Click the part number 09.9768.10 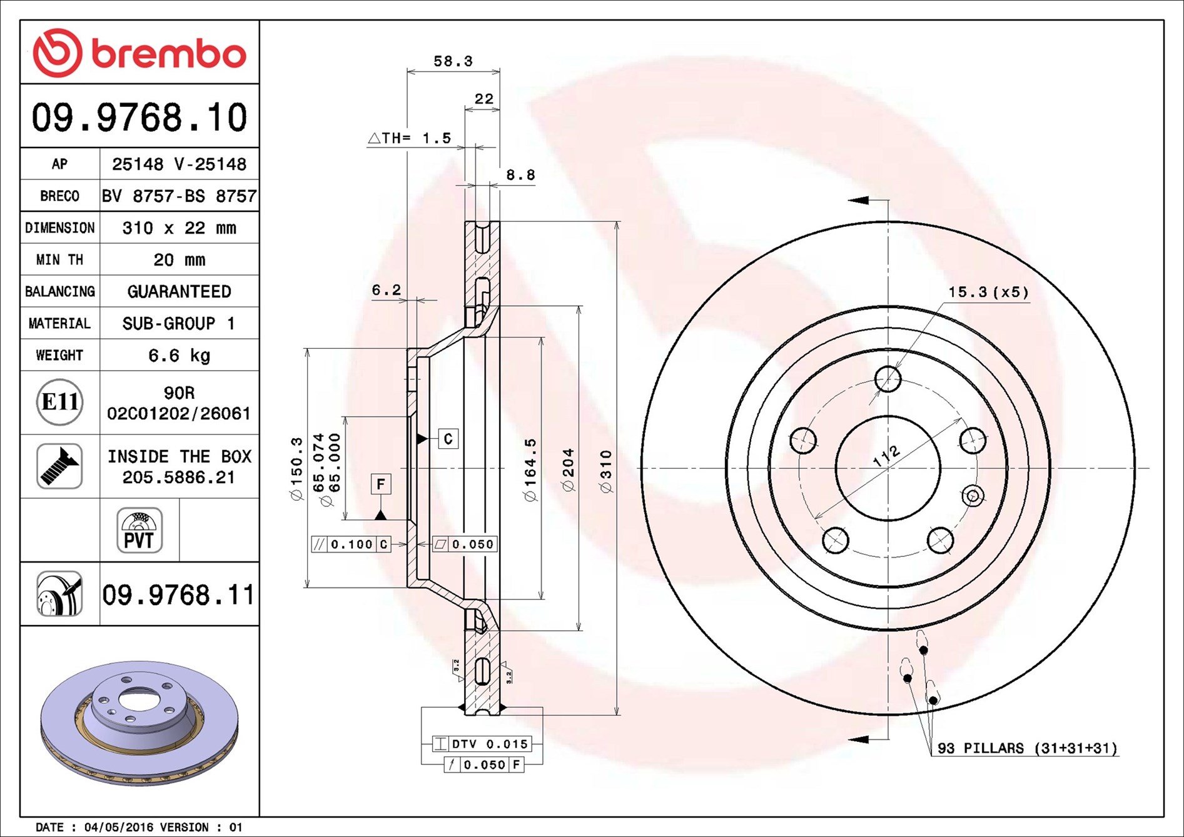139,118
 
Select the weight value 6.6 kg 179,356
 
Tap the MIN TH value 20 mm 179,259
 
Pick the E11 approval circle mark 59,402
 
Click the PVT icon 139,531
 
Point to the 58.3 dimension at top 453,61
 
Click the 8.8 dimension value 520,175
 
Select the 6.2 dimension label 386,290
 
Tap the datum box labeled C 448,439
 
